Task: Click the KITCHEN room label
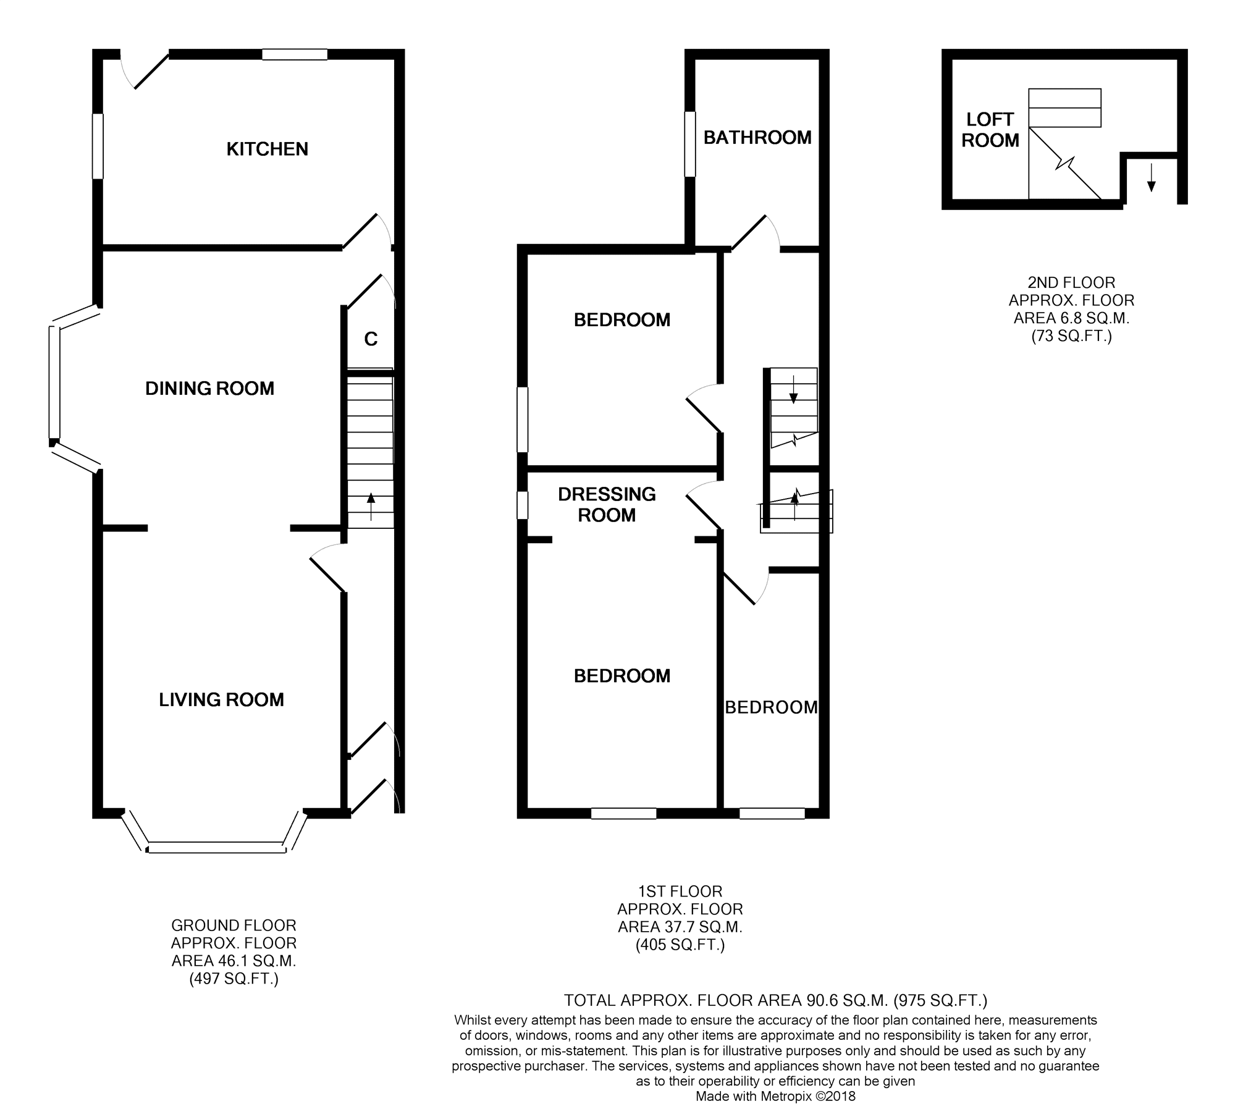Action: [267, 149]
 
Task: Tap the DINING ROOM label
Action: [209, 388]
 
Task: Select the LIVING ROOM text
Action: [221, 699]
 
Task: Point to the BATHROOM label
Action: [757, 137]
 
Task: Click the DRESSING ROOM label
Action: [607, 504]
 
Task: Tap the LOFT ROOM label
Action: [990, 130]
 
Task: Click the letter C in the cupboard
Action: [371, 339]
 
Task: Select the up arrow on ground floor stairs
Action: [371, 506]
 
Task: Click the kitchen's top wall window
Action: [295, 54]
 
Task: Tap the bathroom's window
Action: [690, 144]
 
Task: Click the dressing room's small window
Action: [523, 505]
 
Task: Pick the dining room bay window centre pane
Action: [55, 382]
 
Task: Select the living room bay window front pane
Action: [217, 848]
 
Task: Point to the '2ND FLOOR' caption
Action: [1071, 282]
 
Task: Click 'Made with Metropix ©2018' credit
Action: [775, 1096]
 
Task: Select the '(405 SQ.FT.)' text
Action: [680, 945]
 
